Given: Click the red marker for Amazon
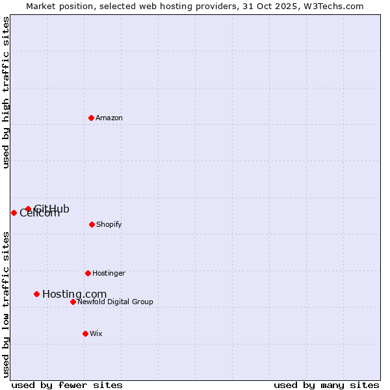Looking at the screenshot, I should point(91,118).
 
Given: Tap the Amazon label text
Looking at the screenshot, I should point(109,118).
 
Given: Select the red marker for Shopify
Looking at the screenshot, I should point(92,224).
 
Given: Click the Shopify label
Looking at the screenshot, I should point(109,225).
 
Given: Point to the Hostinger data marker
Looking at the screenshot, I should point(88,273).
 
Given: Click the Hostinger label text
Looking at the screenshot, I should point(109,274).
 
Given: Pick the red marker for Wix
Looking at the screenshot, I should point(85,333).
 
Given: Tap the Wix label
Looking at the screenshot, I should point(96,334).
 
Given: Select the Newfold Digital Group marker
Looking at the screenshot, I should point(73,302).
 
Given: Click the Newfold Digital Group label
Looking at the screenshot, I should point(115,302).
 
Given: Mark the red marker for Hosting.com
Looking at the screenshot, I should point(36,294).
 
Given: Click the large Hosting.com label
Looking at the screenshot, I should point(74,294).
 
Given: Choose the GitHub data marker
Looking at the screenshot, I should point(28,209).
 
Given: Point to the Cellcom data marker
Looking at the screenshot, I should point(14,213).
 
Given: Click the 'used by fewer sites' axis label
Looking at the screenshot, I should point(67,385).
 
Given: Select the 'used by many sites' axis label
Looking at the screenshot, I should point(326,385).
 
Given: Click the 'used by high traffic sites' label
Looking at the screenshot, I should point(6,92).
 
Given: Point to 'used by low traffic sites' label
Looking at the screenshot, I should point(6,304).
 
